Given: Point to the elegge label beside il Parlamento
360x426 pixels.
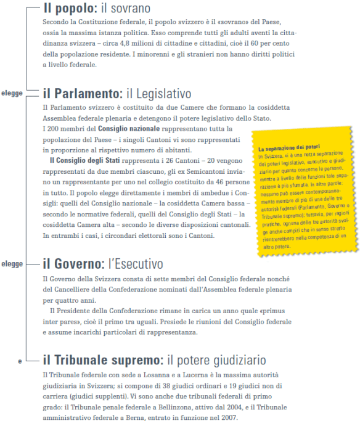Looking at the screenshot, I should [12, 94].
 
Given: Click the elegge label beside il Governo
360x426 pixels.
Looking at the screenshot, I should [12, 265].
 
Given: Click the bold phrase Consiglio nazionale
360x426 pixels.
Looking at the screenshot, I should [128, 128].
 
